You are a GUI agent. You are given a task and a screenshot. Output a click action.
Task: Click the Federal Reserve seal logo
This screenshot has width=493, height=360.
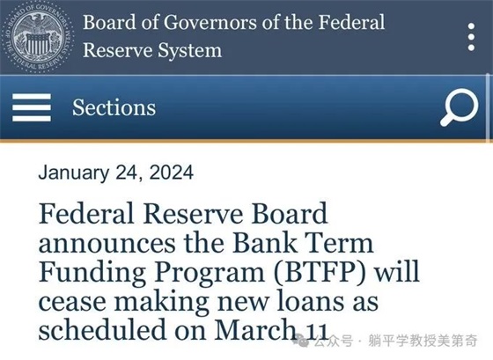click(39, 37)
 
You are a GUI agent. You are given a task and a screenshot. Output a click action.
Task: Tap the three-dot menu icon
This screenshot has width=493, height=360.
click(471, 37)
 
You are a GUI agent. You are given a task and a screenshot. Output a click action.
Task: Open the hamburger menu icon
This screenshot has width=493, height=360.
click(32, 107)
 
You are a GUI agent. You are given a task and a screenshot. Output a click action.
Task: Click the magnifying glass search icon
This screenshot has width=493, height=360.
click(460, 107)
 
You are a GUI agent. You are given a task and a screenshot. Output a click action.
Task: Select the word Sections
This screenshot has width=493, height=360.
click(114, 107)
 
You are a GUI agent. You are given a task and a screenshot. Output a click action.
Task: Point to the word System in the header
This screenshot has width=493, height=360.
click(190, 50)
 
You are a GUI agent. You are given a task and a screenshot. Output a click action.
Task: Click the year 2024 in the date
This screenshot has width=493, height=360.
click(172, 173)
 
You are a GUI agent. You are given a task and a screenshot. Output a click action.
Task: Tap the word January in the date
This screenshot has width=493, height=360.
click(74, 173)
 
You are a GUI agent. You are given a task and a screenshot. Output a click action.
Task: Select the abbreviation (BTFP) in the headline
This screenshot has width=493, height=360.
click(320, 272)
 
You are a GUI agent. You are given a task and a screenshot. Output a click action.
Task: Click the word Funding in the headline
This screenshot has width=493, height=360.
click(92, 273)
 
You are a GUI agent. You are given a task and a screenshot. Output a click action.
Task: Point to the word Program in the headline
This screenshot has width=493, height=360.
click(210, 273)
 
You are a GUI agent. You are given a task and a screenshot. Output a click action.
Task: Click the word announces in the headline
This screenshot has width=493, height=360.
click(107, 245)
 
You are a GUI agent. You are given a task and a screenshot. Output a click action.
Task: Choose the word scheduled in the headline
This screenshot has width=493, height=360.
click(102, 329)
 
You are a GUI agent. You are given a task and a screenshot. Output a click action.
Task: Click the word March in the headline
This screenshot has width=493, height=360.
click(257, 329)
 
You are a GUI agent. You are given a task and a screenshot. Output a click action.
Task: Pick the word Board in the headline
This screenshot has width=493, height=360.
click(290, 214)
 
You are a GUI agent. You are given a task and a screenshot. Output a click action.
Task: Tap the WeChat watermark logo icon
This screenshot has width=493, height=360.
click(301, 340)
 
